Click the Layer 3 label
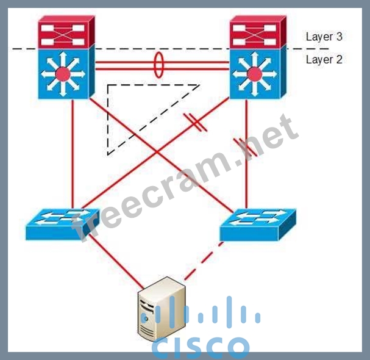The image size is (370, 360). [x=324, y=37]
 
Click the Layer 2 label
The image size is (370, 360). [x=324, y=59]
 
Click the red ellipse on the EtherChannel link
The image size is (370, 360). [x=158, y=65]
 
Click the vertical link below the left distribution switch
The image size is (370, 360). [x=73, y=153]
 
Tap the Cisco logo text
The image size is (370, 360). [x=201, y=345]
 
